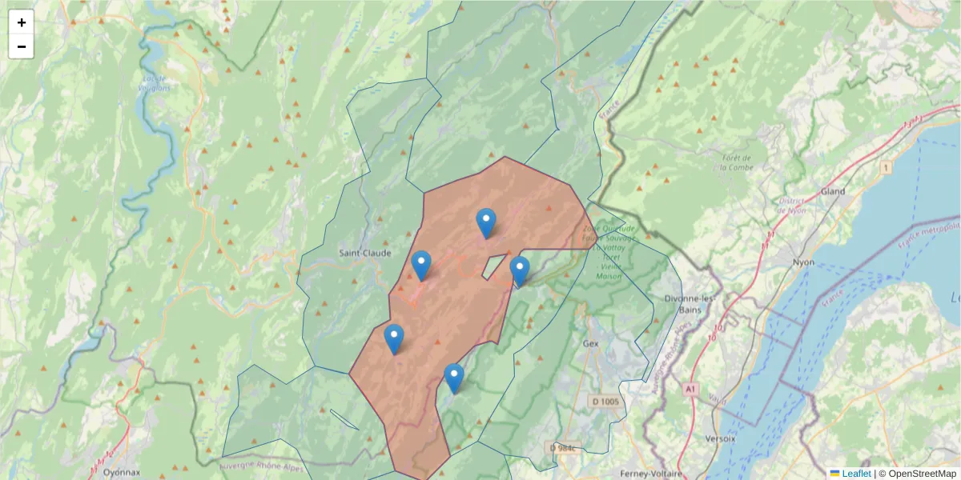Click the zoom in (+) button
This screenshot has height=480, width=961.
point(22,22)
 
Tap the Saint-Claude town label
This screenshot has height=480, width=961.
point(364,253)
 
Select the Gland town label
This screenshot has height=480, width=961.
point(834,192)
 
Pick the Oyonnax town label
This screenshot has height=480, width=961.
point(122,472)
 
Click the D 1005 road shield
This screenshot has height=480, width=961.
point(605,401)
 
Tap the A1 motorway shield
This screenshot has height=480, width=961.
point(690,389)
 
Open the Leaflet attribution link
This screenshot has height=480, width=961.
point(855,474)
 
